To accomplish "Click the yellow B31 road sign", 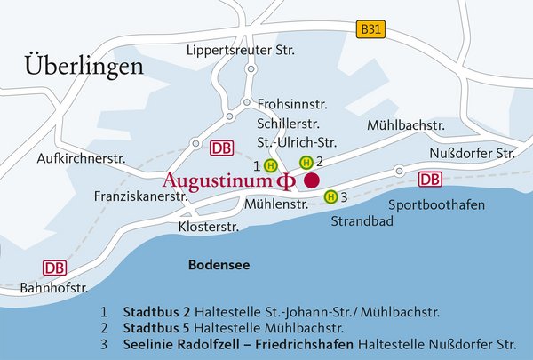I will pos(373,30).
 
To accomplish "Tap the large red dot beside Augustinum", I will pos(311,180).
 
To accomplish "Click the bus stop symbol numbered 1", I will pos(271,165).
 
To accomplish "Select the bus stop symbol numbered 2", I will pos(306,162).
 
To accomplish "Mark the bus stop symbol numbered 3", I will pos(330,196).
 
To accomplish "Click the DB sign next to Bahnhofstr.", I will pos(55,268).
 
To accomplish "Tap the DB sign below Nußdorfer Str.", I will pos(430,180).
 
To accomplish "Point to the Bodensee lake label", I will pos(218,265).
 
